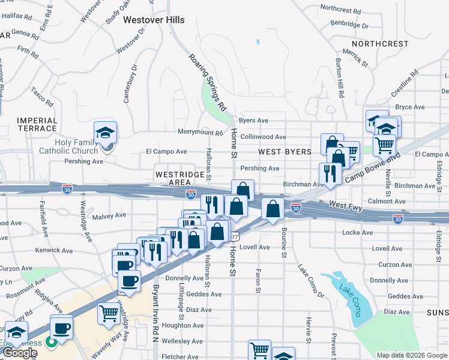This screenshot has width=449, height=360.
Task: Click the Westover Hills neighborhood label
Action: (x=154, y=20)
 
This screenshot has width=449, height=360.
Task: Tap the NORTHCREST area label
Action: (x=380, y=44)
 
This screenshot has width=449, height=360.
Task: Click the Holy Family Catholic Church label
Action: (x=68, y=146)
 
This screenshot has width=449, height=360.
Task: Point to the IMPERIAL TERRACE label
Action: (x=37, y=124)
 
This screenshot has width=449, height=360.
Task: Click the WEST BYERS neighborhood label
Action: (x=285, y=152)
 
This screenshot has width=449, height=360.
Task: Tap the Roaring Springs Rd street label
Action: (x=207, y=83)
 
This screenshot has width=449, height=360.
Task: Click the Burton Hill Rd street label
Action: (x=340, y=77)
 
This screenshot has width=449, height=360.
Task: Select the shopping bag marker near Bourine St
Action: (x=273, y=209)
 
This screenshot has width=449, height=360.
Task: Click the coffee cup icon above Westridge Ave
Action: (x=129, y=280)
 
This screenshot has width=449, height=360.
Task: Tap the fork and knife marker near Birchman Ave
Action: (x=330, y=173)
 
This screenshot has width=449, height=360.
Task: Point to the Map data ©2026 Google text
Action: (x=411, y=355)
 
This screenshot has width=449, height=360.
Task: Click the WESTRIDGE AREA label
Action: (x=173, y=178)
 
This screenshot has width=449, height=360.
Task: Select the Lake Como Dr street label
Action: (x=311, y=280)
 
